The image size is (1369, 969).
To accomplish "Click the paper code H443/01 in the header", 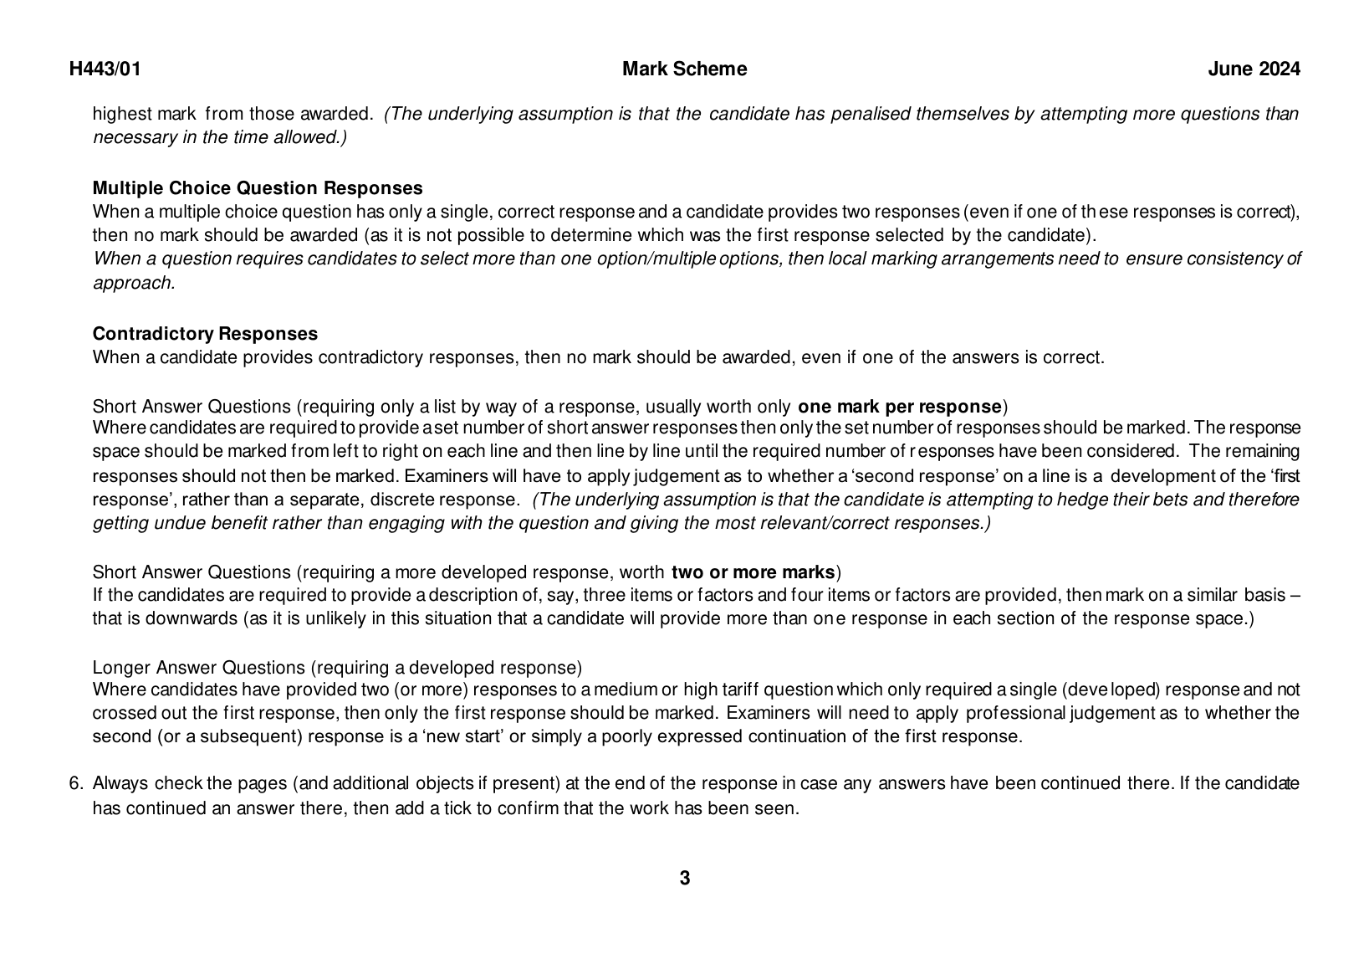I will coord(105,69).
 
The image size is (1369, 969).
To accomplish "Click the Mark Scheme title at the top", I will coord(684,69).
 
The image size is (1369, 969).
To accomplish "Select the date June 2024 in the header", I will coord(1254,69).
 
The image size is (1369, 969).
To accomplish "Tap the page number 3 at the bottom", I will coord(685,879).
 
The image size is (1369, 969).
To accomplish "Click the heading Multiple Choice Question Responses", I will coord(258,188).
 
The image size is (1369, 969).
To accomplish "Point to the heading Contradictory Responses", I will coord(205,334).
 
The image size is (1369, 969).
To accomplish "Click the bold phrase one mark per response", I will coord(900,408).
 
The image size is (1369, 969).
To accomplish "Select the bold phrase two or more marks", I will coord(753,573).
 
